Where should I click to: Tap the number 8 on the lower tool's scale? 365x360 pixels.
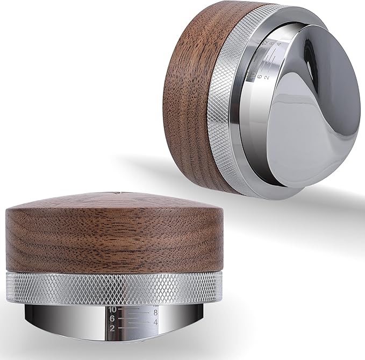tap(154, 312)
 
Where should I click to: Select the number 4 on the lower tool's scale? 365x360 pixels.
tap(154, 322)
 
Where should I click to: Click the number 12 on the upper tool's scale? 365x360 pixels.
tap(264, 41)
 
